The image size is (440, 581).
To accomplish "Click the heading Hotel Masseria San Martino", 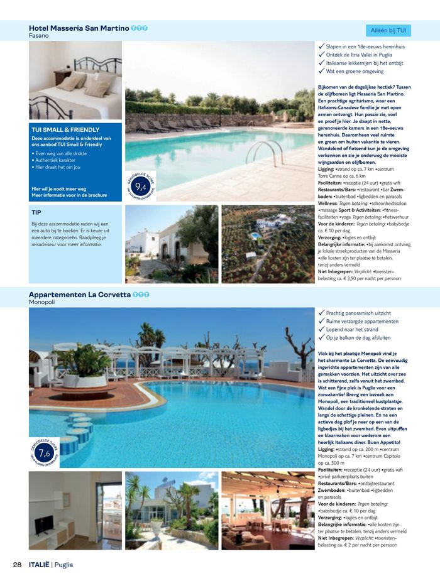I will pos(79,28).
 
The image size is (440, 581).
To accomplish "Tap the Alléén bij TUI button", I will pos(388,30).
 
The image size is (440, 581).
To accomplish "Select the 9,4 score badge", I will pos(141,186).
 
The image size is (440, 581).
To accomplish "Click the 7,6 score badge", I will pos(44,453).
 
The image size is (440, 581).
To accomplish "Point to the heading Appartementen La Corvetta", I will pos(80,294).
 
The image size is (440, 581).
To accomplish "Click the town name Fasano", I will pos(39,36).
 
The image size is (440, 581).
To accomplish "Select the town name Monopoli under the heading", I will pos(42,302).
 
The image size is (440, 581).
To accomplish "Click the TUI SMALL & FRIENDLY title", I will pos(65,130).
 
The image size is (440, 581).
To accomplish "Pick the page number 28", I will pos(18,565).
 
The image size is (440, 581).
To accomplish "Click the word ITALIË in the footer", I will pos(38,565).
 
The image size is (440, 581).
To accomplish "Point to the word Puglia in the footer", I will pos(63,565).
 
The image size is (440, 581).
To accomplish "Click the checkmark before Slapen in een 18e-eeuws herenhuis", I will pos(322,46).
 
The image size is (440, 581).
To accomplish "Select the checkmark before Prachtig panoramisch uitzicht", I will pos(322,313).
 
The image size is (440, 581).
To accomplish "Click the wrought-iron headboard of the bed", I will pos(97,65).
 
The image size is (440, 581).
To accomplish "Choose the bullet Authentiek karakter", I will pos(57,160).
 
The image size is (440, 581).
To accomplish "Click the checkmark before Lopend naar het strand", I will pos(322,329).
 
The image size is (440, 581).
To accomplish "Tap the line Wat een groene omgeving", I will pos(355,72).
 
